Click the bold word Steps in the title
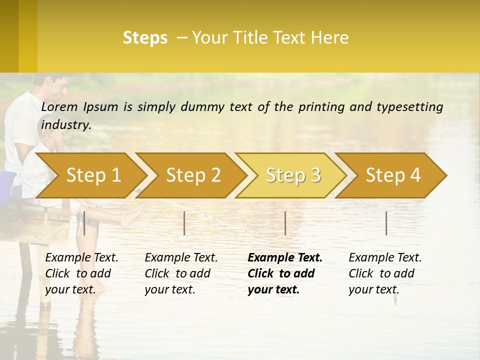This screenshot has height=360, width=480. click(x=145, y=38)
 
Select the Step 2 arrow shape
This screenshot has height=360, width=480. click(x=193, y=175)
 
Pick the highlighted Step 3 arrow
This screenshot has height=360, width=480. click(x=293, y=175)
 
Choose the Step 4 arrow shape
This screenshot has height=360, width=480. click(x=393, y=175)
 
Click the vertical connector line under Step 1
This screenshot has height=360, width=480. click(x=84, y=223)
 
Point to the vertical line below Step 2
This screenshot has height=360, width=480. click(x=184, y=223)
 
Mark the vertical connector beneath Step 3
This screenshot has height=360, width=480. click(x=285, y=223)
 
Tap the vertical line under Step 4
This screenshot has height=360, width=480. click(x=386, y=223)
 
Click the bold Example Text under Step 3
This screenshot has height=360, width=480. click(x=285, y=273)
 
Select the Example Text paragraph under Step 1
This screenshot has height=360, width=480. click(x=81, y=273)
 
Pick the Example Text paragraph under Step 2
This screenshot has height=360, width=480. click(x=181, y=273)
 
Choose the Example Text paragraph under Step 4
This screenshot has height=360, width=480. click(x=385, y=273)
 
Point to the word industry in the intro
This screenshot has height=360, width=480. click(x=65, y=125)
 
